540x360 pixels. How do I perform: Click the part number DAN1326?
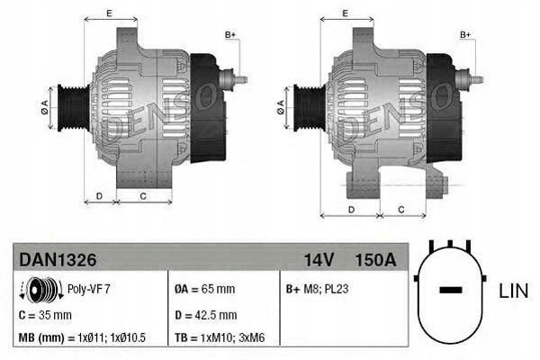click(58, 260)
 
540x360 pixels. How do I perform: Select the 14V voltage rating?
click(319, 260)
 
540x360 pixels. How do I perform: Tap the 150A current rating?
click(375, 260)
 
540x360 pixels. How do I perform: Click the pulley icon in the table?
click(40, 290)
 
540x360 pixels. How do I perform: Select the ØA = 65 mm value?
click(205, 290)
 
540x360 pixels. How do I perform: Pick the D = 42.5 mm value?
click(205, 315)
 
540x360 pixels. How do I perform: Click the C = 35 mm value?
click(45, 315)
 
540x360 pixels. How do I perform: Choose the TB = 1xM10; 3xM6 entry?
click(226, 338)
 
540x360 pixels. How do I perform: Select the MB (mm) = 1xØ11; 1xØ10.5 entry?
click(82, 338)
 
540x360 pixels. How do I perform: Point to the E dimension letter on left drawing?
click(109, 13)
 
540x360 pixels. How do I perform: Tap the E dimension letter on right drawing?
click(346, 13)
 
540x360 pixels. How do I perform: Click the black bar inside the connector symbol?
click(451, 291)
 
